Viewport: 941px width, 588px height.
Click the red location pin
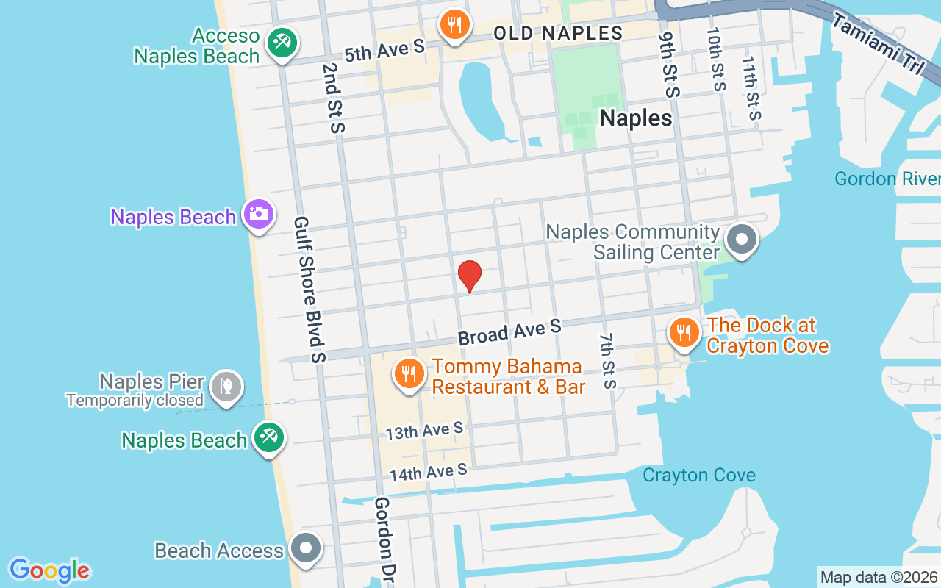pyautogui.click(x=470, y=276)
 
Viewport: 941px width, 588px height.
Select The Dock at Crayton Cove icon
pyautogui.click(x=684, y=331)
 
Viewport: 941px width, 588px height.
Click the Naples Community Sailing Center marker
pyautogui.click(x=741, y=240)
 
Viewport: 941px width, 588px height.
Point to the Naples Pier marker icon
pyautogui.click(x=226, y=386)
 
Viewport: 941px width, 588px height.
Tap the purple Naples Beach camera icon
pyautogui.click(x=259, y=215)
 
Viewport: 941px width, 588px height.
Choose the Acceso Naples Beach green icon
pyautogui.click(x=281, y=41)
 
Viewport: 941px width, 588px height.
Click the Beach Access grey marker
pyautogui.click(x=305, y=548)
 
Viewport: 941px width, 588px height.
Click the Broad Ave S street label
pyautogui.click(x=509, y=331)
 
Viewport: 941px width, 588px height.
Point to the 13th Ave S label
pyautogui.click(x=424, y=431)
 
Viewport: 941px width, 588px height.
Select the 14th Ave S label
pyautogui.click(x=428, y=472)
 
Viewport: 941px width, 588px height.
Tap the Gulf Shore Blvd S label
pyautogui.click(x=310, y=289)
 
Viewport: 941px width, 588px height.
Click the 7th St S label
pyautogui.click(x=607, y=360)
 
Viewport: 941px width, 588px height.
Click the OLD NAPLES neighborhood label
pyautogui.click(x=558, y=33)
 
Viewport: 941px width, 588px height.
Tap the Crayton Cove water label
pyautogui.click(x=698, y=475)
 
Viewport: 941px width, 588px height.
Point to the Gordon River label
pyautogui.click(x=887, y=179)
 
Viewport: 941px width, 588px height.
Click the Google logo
pyautogui.click(x=49, y=570)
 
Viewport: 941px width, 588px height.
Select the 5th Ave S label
pyautogui.click(x=384, y=50)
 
